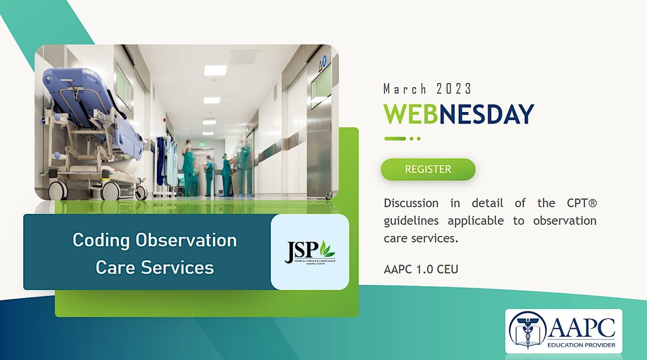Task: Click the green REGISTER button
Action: (x=428, y=169)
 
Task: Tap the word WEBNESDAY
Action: (x=458, y=114)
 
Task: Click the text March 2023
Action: (x=427, y=88)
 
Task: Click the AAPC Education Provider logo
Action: (x=563, y=330)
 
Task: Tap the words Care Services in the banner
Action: (x=155, y=267)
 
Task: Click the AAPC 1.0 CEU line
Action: (x=421, y=269)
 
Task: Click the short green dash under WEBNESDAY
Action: (x=395, y=139)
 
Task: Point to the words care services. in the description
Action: (x=421, y=238)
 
